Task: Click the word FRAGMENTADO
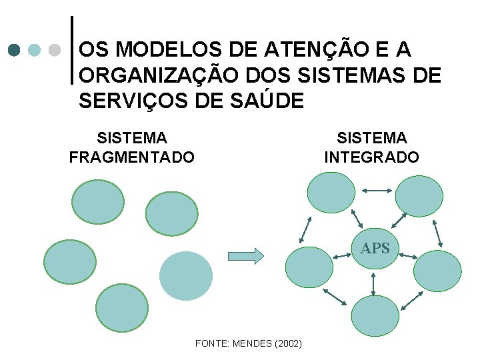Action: click(x=132, y=157)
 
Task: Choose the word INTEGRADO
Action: click(x=371, y=157)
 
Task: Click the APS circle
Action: click(x=375, y=249)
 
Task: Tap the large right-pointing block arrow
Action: click(x=245, y=255)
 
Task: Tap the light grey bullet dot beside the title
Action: click(x=56, y=51)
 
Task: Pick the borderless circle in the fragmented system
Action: click(x=186, y=275)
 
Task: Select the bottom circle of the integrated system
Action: click(x=374, y=315)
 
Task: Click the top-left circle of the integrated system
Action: click(x=331, y=193)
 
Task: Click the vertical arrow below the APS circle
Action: click(x=373, y=282)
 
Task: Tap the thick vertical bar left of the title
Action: click(x=72, y=50)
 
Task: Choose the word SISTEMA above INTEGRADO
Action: click(x=371, y=138)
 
